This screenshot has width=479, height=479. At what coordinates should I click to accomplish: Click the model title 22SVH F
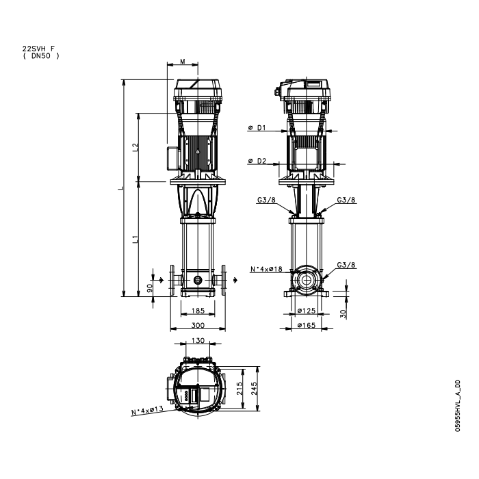38,49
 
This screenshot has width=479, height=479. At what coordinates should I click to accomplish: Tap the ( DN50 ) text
41,56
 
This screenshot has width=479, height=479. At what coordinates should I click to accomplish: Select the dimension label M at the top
183,62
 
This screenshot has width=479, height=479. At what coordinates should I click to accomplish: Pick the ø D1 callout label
257,128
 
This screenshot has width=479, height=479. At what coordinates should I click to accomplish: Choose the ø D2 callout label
257,161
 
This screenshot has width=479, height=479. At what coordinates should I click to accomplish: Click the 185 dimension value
198,311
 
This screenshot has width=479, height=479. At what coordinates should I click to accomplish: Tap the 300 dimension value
198,325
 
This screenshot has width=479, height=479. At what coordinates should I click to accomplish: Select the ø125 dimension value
306,311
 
